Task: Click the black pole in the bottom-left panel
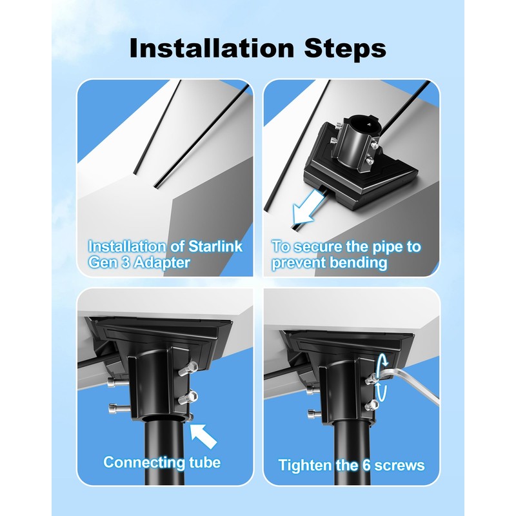click(x=165, y=451)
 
